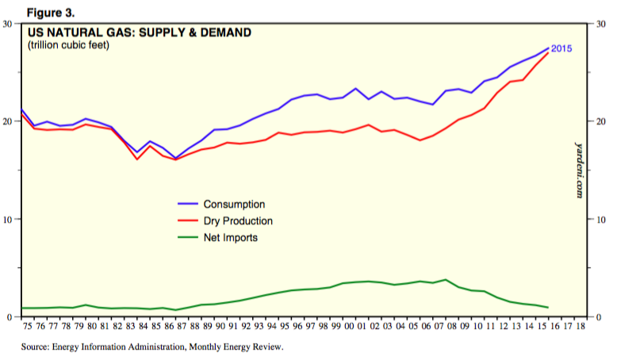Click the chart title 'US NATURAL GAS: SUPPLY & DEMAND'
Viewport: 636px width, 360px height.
click(x=140, y=33)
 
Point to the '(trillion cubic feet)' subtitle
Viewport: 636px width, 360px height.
click(x=68, y=44)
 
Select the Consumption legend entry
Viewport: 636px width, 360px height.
click(x=234, y=205)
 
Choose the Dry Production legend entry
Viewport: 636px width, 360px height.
click(x=238, y=221)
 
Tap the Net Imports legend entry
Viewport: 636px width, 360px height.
click(x=230, y=237)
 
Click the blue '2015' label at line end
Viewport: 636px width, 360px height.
click(x=561, y=49)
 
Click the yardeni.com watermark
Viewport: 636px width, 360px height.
click(x=579, y=170)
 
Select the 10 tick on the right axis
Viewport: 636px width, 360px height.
click(x=601, y=220)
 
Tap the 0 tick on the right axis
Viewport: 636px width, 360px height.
click(x=598, y=317)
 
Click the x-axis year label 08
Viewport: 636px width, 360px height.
click(x=447, y=325)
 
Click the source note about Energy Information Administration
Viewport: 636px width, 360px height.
click(x=153, y=347)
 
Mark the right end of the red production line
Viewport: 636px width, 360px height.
click(x=548, y=53)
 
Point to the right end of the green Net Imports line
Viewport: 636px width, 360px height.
click(x=548, y=308)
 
